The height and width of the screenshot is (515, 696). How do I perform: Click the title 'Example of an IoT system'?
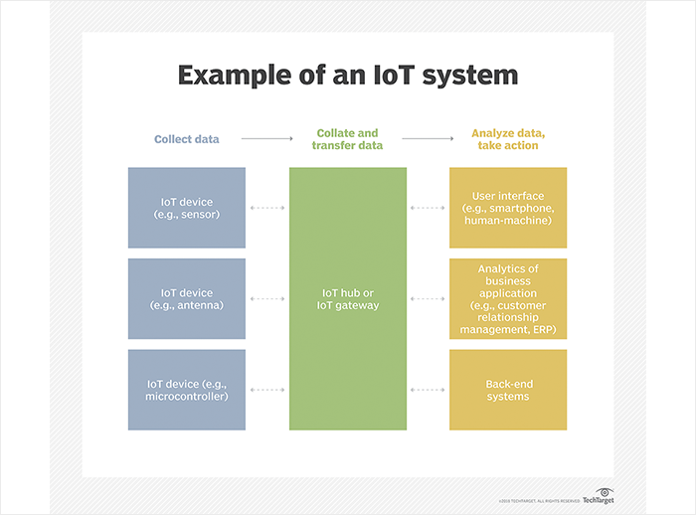tap(348, 77)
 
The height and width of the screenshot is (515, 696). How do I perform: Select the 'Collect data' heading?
tap(187, 139)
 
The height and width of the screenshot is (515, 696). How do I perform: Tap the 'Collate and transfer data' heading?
tap(349, 139)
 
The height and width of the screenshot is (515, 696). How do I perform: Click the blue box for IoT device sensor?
tap(187, 208)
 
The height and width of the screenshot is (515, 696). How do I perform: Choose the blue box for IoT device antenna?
tap(187, 298)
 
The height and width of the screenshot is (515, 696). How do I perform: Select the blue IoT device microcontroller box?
tap(187, 390)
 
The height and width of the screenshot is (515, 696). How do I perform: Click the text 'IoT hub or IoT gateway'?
tap(349, 299)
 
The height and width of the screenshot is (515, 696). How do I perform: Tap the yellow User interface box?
tap(508, 208)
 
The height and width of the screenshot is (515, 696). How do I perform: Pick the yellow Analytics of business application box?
tap(508, 298)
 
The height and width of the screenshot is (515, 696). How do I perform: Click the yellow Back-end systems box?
tap(508, 390)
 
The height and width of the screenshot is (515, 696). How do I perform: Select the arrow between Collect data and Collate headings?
tap(266, 139)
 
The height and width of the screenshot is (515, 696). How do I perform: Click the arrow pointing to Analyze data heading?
tap(430, 139)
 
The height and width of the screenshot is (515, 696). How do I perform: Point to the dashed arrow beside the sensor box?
tap(267, 208)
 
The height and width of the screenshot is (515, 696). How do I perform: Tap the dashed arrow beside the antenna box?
tap(267, 298)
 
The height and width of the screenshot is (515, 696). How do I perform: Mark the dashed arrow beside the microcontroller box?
tap(267, 390)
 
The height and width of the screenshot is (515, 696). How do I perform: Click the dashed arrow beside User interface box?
tap(428, 208)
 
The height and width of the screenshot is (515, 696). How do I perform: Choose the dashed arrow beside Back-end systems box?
tap(428, 390)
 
